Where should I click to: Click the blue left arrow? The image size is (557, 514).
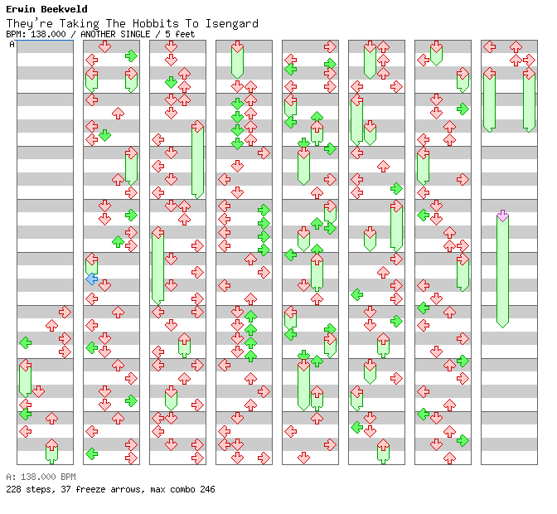(92, 279)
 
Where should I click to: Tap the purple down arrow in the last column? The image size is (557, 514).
(502, 216)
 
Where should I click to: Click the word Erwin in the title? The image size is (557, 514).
(18, 9)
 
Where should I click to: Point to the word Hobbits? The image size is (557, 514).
(156, 24)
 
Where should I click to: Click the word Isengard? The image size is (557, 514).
(232, 24)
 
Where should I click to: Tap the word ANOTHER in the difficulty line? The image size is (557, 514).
(98, 35)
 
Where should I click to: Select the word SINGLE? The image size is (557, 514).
(135, 35)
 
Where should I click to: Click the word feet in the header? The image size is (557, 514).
(185, 35)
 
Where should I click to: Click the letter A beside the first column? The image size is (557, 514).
(12, 45)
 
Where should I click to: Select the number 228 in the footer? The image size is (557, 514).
(13, 489)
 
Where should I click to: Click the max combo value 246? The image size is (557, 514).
(207, 489)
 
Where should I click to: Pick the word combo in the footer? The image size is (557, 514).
(182, 490)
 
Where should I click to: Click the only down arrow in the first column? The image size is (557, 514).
(39, 391)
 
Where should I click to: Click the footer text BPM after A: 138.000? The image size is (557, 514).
(68, 477)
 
